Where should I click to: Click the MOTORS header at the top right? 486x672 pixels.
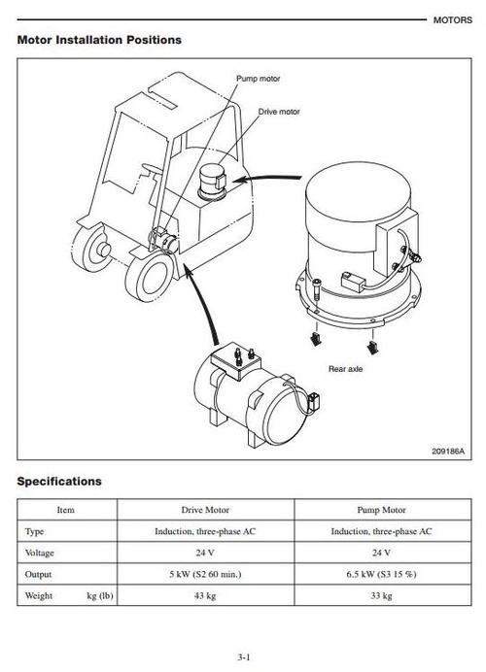(x=453, y=20)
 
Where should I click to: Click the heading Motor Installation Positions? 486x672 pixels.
(x=99, y=40)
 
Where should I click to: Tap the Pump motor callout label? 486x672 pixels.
(x=259, y=79)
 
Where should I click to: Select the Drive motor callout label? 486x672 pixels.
(x=279, y=112)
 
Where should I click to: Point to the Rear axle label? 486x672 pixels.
(x=345, y=369)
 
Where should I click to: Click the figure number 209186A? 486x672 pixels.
(x=448, y=451)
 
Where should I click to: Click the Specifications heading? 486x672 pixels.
(x=59, y=482)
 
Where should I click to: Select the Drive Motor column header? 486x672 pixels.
(x=205, y=510)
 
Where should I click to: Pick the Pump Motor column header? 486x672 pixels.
(x=381, y=510)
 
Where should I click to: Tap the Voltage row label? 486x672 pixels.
(x=40, y=553)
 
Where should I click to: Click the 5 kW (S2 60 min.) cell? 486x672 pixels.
(x=205, y=574)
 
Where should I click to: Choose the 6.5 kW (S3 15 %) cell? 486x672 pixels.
(x=381, y=574)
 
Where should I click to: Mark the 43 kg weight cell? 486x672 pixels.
(x=205, y=595)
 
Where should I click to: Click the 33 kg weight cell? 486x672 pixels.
(x=381, y=595)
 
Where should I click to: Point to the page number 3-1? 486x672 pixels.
(x=244, y=656)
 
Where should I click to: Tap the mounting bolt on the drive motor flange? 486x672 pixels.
(x=316, y=288)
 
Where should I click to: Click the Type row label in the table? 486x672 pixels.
(x=34, y=531)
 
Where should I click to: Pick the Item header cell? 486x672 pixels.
(x=66, y=510)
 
